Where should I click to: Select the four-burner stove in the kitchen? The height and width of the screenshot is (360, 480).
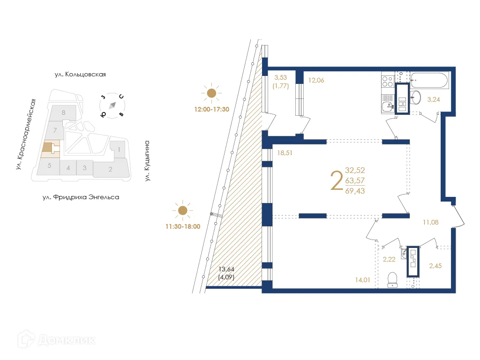coord(387,82)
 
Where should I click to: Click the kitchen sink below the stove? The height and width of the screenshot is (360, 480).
coord(387,105)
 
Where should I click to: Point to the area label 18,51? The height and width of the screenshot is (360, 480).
coord(285,152)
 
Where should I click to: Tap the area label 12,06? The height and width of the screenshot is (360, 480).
coord(316,80)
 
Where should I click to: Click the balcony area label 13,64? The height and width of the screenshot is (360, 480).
coord(227,269)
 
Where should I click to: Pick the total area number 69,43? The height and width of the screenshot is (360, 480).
coord(355,190)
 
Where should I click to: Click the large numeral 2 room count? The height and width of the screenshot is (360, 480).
coord(336,181)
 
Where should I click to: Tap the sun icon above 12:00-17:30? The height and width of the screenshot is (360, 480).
coord(212,93)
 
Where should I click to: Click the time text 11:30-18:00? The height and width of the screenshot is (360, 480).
coord(182,226)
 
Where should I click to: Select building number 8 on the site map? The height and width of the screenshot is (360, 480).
coord(63,112)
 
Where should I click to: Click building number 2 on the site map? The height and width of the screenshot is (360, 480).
coord(110,169)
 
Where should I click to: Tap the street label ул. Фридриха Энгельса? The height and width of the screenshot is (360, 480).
coord(81,197)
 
